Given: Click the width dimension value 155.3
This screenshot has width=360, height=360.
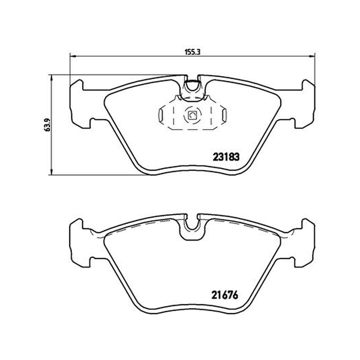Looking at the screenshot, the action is pos(193,52).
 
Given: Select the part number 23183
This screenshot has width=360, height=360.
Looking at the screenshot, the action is pos(226,157).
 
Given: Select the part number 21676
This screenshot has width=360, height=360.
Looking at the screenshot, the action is pos(225,295).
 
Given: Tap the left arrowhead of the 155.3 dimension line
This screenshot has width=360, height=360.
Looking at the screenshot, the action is pos(72,56).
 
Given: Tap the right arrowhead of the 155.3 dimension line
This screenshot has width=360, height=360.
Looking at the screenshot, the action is pos(312,56).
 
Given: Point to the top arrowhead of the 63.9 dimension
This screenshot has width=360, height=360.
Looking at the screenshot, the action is pos(52,77).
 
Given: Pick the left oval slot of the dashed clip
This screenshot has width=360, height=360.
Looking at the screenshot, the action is pos(161,115).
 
